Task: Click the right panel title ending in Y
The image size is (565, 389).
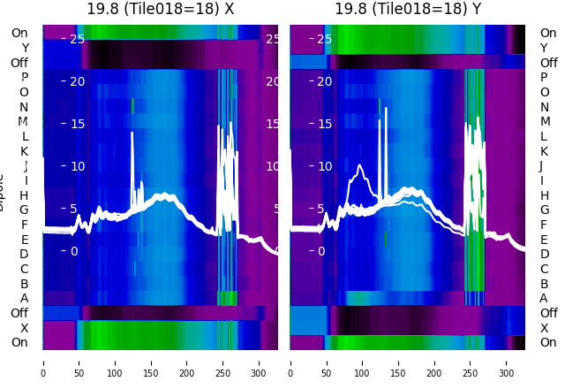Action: coord(408,9)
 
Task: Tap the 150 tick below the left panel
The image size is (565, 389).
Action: coord(151,362)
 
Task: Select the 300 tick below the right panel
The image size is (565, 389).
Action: coord(507,362)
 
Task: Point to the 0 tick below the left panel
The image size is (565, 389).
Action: coord(43,362)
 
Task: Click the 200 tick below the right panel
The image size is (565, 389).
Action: coord(434,362)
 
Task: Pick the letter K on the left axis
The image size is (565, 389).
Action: coord(25,151)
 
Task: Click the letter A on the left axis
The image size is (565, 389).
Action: coord(25,298)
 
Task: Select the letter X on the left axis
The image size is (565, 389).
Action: coord(25,328)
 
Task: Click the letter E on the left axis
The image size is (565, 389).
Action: coord(25,240)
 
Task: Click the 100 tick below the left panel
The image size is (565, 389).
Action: coord(115,362)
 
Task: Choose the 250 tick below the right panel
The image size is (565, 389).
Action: coord(471,362)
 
